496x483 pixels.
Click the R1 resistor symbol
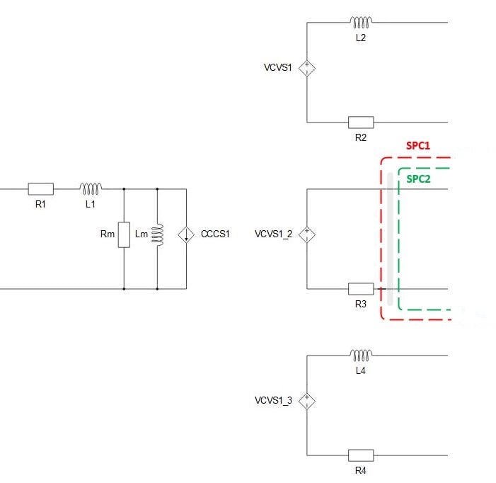coord(41,189)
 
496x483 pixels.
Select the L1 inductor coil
coord(91,188)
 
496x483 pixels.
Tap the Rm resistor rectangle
coord(124,234)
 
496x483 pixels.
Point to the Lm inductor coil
coord(158,234)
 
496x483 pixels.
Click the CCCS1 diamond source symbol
coord(186,234)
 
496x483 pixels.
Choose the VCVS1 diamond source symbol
coord(307,68)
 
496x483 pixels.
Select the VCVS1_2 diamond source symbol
coord(307,234)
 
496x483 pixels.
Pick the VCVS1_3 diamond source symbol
coord(307,401)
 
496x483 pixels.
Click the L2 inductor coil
coord(361,22)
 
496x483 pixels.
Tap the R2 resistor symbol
coord(361,123)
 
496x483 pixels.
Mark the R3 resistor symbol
coord(361,289)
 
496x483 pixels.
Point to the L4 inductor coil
coord(361,355)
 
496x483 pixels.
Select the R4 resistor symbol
coord(361,455)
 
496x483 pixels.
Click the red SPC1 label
coord(418,146)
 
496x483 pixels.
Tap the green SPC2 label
coord(418,179)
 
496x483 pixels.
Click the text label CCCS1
coord(215,234)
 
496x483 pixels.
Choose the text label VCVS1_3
coord(273,401)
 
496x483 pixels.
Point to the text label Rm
coord(108,234)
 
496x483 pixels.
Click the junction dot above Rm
coord(124,189)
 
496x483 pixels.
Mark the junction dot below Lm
coord(157,289)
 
